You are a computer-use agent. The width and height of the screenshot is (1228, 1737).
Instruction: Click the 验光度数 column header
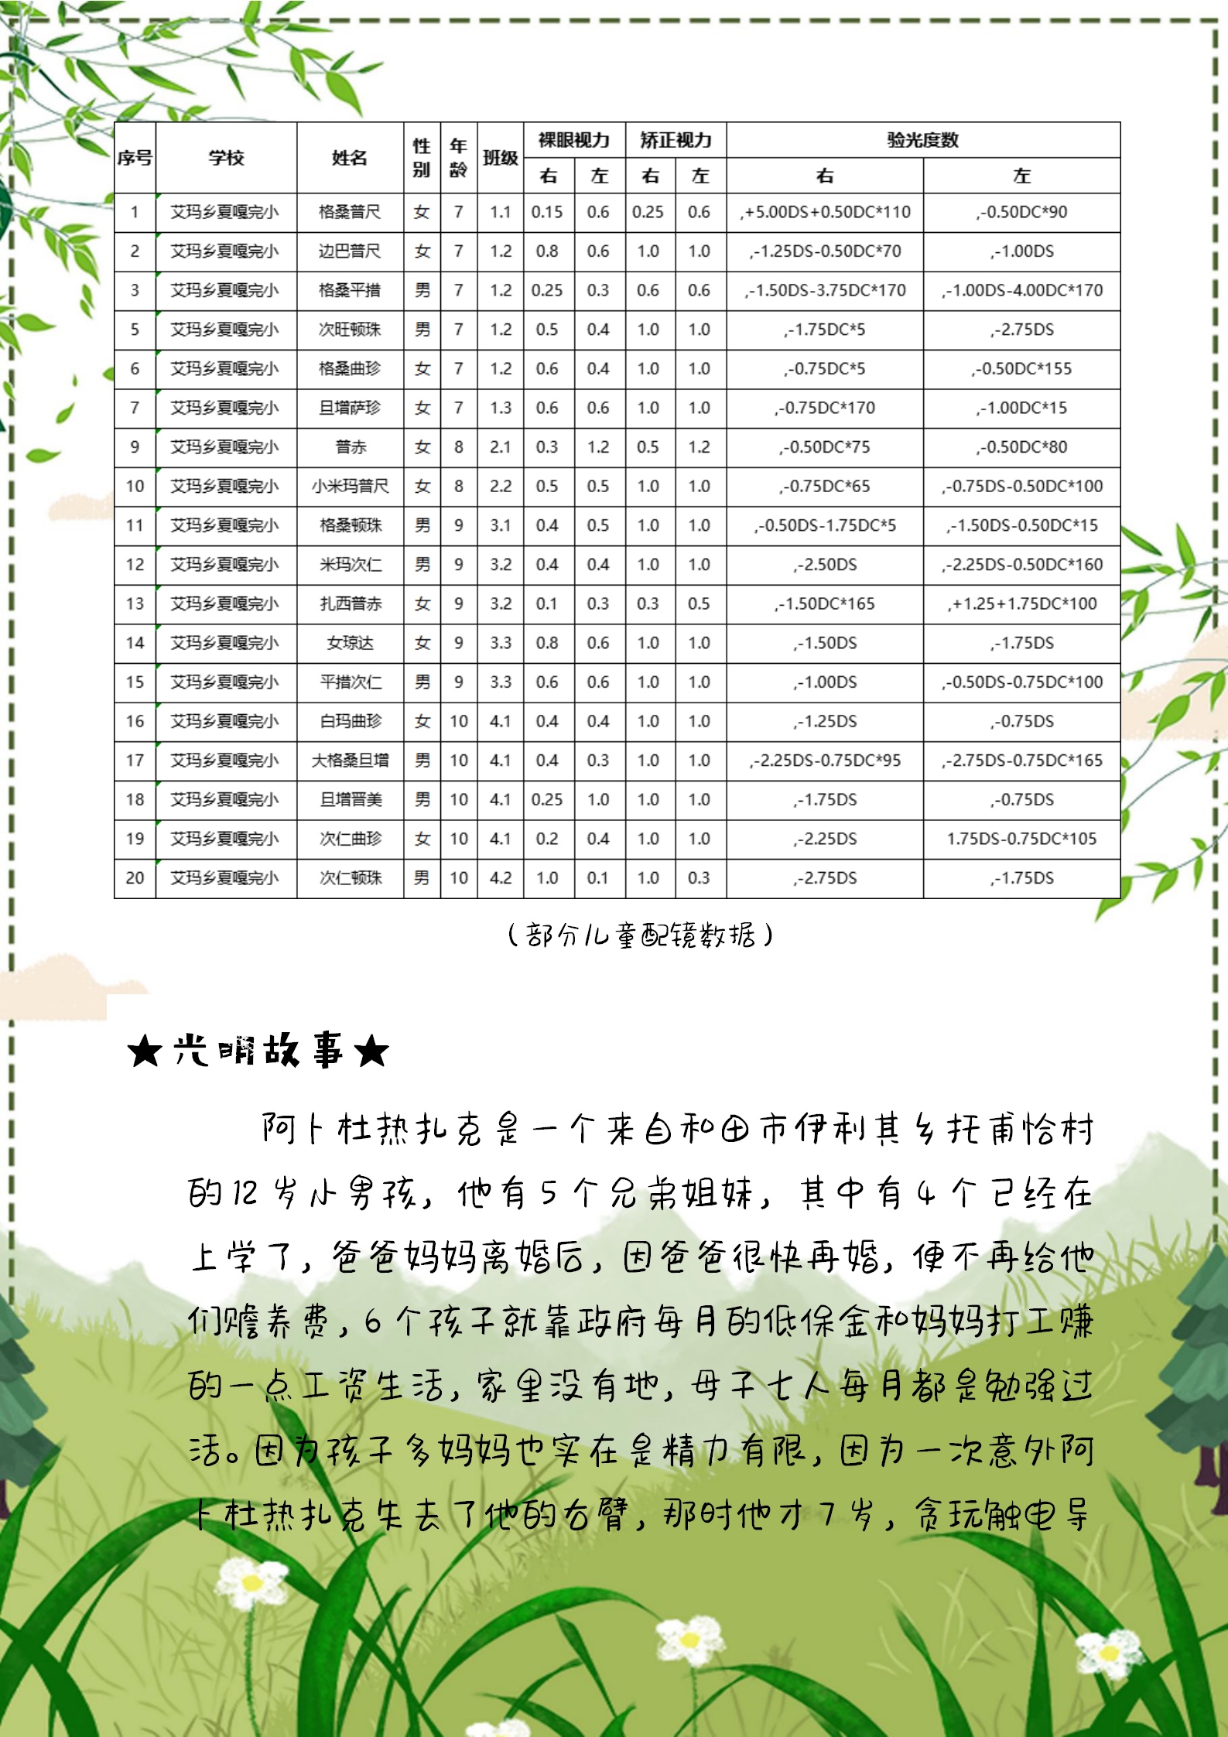tap(922, 140)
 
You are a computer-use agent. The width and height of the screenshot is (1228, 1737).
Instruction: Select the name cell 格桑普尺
tap(350, 212)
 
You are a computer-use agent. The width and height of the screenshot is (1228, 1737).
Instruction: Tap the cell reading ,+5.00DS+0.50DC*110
tap(825, 212)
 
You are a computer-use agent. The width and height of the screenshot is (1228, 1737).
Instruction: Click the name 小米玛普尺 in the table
tap(350, 486)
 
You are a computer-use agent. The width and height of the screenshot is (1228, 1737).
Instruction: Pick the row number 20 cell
tap(135, 878)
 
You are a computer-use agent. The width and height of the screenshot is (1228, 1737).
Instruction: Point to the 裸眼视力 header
tap(574, 140)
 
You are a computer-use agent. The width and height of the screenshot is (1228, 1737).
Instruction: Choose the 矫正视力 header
tap(676, 140)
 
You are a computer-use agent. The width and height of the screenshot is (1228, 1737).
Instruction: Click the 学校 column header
tap(226, 158)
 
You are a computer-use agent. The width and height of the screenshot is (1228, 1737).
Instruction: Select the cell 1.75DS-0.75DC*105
tap(1021, 839)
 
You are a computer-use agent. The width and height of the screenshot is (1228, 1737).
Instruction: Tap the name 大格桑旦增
tap(350, 761)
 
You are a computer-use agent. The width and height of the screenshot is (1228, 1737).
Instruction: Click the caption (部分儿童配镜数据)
tap(640, 935)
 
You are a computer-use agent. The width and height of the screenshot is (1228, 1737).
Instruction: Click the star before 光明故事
tap(145, 1051)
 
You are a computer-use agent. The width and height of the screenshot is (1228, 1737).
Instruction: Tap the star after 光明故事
tap(371, 1051)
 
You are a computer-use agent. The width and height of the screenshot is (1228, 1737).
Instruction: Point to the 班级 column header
tap(500, 158)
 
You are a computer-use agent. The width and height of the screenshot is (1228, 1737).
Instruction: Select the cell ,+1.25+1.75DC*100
tap(1021, 604)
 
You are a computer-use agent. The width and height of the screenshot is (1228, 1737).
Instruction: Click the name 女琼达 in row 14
tap(350, 643)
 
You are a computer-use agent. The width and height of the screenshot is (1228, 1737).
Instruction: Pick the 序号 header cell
tap(135, 158)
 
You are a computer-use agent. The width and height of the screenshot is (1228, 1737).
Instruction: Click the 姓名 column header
tap(350, 158)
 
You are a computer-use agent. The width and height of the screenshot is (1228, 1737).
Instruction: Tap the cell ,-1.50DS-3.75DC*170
tap(825, 290)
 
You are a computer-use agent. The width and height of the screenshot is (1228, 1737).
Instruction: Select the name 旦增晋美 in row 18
tap(350, 799)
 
